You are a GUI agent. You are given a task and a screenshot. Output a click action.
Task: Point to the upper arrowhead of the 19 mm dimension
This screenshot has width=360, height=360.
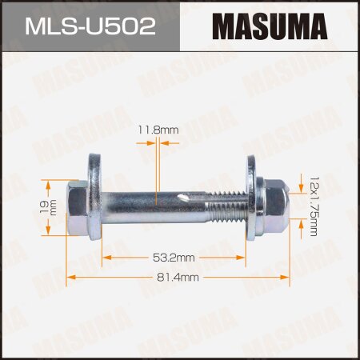[x=47, y=183]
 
